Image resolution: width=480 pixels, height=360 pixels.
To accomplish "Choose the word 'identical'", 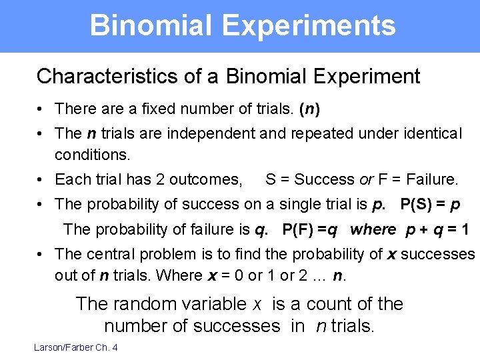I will tap(429, 133).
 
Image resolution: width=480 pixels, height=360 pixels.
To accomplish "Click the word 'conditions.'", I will tap(93, 154).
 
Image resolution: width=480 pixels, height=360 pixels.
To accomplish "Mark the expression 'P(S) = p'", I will tap(430, 204).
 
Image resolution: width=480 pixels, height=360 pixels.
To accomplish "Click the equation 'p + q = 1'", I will tap(437, 230).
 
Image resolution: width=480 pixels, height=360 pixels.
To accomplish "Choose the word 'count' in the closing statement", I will tap(321, 304).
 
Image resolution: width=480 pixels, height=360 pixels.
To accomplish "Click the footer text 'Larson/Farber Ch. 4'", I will tap(76, 347).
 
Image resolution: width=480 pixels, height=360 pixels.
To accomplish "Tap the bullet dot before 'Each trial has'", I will tap(41, 180).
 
